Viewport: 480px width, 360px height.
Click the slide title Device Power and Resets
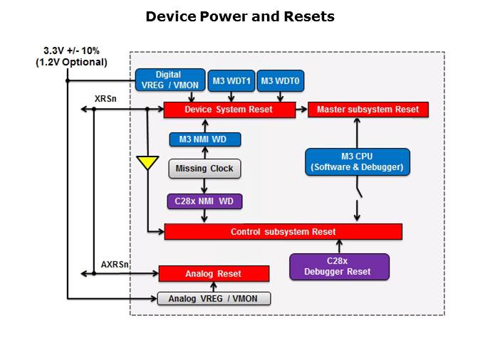tap(239, 16)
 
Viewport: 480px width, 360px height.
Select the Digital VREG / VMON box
tap(168, 80)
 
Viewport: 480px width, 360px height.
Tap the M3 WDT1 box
tap(229, 80)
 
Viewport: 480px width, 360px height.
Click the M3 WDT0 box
tap(279, 80)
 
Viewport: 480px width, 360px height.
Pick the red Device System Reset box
tap(229, 110)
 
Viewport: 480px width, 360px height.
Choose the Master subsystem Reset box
tap(367, 110)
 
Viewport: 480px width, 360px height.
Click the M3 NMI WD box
tap(205, 139)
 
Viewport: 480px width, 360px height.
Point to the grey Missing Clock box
tap(205, 169)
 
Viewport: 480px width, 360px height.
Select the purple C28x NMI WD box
tap(204, 201)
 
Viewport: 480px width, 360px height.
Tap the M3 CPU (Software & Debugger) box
tap(357, 162)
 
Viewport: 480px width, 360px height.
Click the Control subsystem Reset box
tap(283, 232)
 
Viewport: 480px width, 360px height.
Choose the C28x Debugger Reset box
tap(340, 266)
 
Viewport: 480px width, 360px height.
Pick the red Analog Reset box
tap(214, 273)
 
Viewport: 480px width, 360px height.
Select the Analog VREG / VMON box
tap(214, 299)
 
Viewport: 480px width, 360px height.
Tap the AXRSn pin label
tap(115, 264)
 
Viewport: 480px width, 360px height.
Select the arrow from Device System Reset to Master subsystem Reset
tap(301, 110)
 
